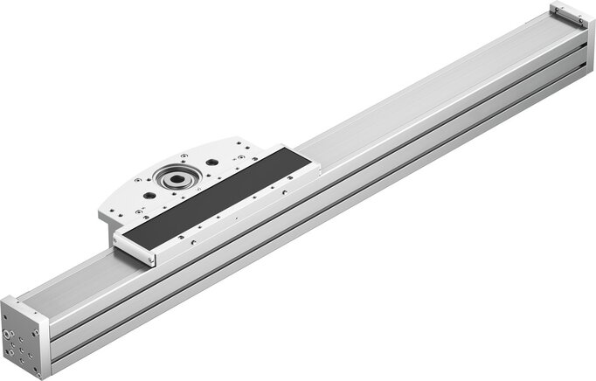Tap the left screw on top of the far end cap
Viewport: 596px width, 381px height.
pos(558,8)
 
